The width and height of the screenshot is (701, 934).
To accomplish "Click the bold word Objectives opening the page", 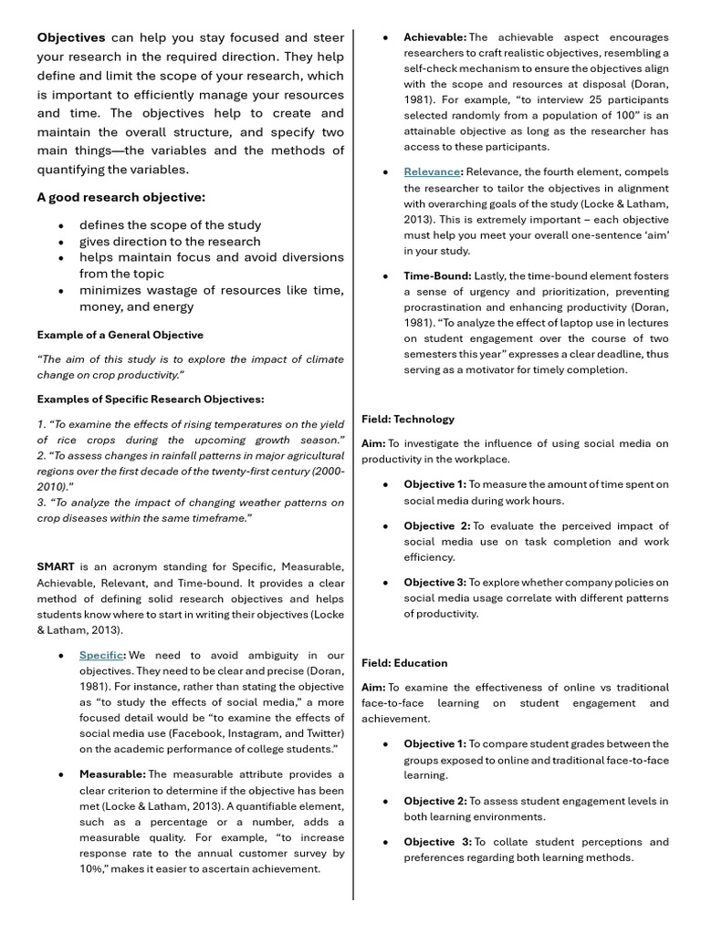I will tap(71, 37).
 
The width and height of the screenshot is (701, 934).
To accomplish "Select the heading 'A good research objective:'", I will tap(120, 197).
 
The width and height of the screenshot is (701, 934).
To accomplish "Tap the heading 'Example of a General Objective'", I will tap(120, 335).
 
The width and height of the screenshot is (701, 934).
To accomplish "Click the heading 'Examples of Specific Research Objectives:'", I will tap(151, 400).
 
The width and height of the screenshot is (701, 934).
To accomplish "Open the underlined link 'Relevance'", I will tap(433, 171).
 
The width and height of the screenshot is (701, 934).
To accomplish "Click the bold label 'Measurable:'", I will tap(112, 774).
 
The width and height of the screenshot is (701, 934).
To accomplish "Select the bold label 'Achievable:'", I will tap(435, 37).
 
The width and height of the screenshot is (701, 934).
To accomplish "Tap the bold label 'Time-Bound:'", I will tap(438, 275).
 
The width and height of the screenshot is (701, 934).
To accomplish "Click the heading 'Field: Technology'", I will tap(407, 419).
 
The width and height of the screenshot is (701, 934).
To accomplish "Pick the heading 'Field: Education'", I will tap(404, 663).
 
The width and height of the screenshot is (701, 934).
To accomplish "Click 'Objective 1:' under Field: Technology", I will tap(434, 484).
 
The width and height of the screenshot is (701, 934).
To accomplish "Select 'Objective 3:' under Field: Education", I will tap(436, 842).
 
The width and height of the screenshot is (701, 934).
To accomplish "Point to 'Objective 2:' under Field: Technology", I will tap(436, 526).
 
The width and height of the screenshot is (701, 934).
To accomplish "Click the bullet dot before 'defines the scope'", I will tap(60, 225).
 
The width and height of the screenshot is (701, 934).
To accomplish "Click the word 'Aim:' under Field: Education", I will tap(373, 687).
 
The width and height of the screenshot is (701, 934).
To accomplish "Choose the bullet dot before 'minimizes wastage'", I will tap(60, 291).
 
